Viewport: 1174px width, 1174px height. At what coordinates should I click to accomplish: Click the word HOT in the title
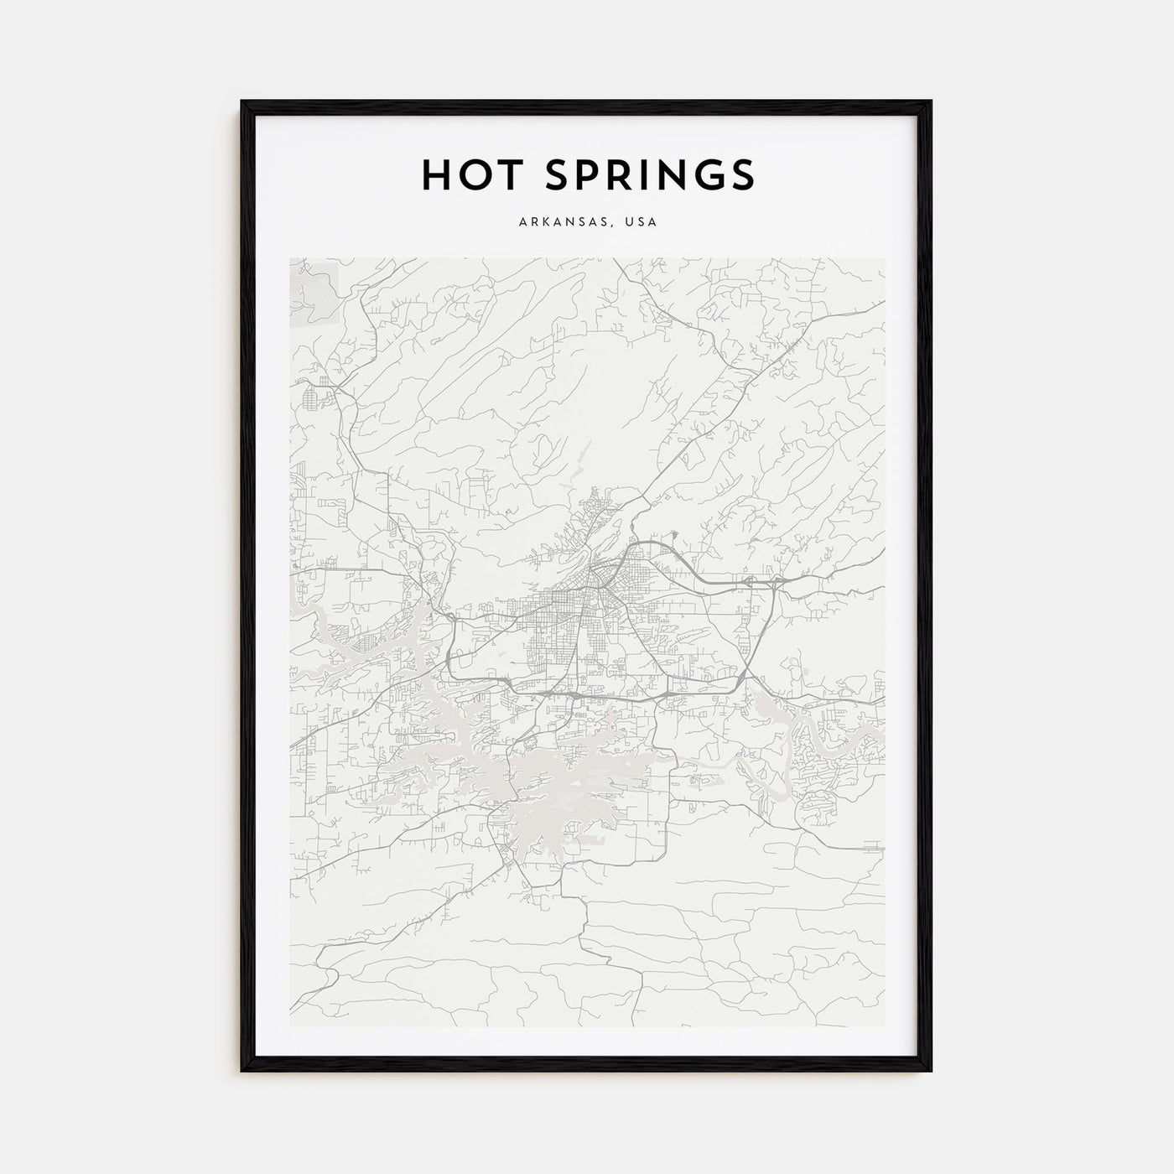(464, 174)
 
